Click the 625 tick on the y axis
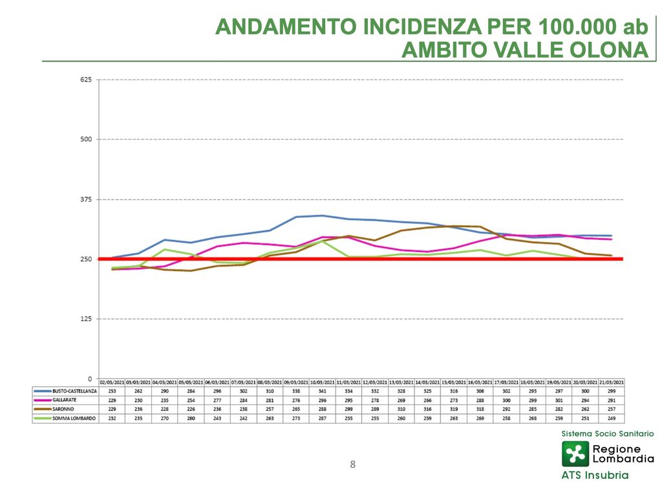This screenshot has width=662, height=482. pyautogui.click(x=86, y=80)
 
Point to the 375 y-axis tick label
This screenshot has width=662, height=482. pyautogui.click(x=86, y=199)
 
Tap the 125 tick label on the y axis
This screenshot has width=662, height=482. pyautogui.click(x=86, y=319)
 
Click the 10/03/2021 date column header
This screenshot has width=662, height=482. pyautogui.click(x=323, y=383)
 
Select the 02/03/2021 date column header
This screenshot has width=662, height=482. pyautogui.click(x=112, y=383)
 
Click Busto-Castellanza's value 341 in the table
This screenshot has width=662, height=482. pyautogui.click(x=323, y=391)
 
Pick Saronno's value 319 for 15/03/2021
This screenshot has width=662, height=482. pyautogui.click(x=454, y=410)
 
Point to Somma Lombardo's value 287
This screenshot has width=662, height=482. pyautogui.click(x=323, y=419)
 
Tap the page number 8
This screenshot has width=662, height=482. pyautogui.click(x=352, y=464)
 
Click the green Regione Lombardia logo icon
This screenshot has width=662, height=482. pyautogui.click(x=575, y=454)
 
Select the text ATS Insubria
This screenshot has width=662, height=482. pyautogui.click(x=595, y=475)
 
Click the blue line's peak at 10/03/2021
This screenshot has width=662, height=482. pyautogui.click(x=323, y=215)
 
